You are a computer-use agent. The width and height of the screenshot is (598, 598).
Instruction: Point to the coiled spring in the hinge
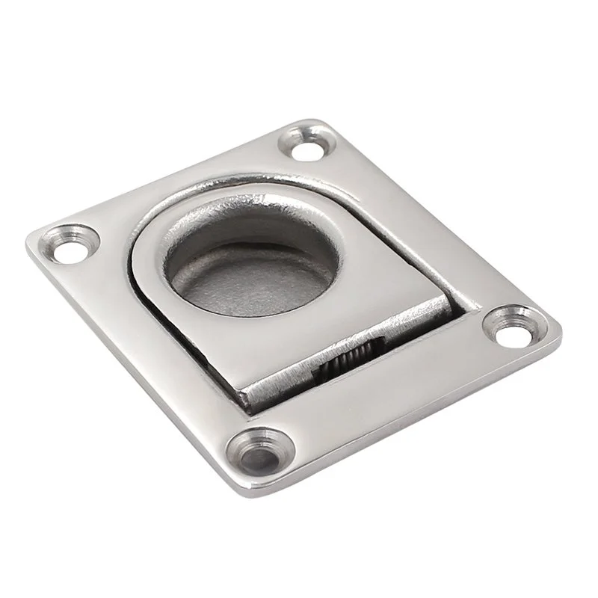(x=346, y=364)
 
